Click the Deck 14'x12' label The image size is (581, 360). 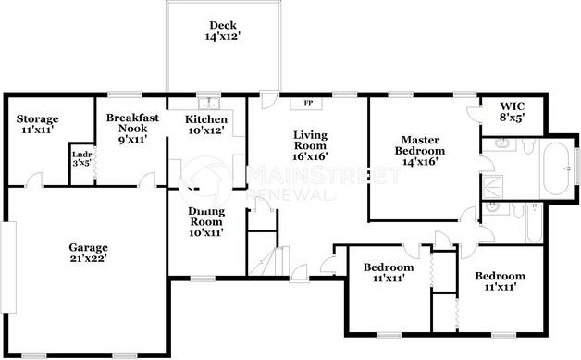222,31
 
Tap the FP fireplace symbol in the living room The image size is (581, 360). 308,103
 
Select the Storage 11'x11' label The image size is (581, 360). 38,124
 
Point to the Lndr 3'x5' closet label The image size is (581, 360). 81,157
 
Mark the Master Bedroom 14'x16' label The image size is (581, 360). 420,150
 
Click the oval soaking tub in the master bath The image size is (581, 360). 555,170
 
